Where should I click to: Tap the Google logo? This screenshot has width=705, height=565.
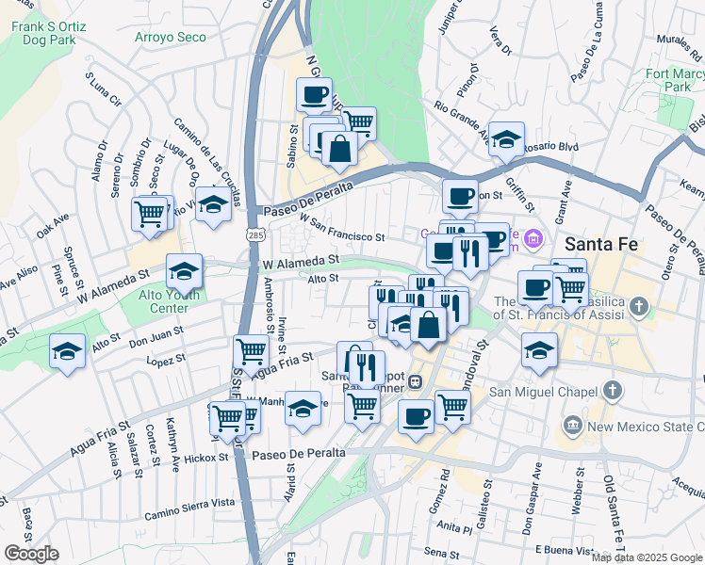coord(31,554)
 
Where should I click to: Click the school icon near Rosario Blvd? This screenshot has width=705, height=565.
coord(507,138)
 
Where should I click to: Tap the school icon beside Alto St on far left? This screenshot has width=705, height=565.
coord(66,350)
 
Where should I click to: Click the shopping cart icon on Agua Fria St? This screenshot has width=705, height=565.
coord(251,351)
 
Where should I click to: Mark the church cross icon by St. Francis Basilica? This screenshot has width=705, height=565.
coord(640,306)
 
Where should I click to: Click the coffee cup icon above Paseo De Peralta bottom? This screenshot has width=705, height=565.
coord(416,415)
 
